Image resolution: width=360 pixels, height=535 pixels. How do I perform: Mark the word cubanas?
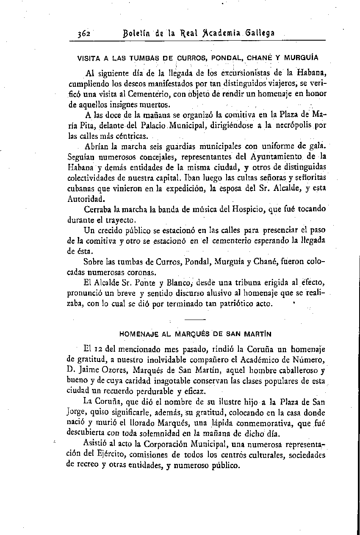point(82,188)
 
